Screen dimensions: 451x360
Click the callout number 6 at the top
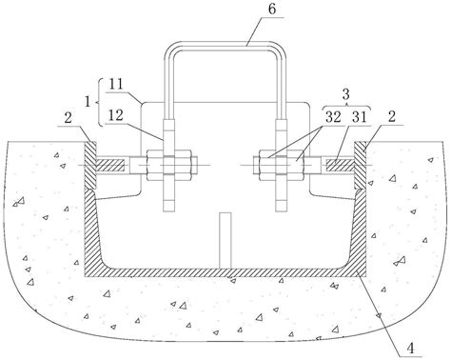point(272,9)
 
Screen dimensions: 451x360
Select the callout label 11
point(115,85)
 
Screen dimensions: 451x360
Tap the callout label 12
point(115,115)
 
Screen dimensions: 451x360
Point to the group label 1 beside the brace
point(88,102)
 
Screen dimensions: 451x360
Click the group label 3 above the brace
point(346,94)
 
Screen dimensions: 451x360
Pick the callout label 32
point(333,117)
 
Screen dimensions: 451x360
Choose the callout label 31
point(359,117)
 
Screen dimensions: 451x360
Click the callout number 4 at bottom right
point(410,349)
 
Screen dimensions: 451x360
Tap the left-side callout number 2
point(68,118)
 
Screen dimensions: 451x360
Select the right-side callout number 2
point(392,117)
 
